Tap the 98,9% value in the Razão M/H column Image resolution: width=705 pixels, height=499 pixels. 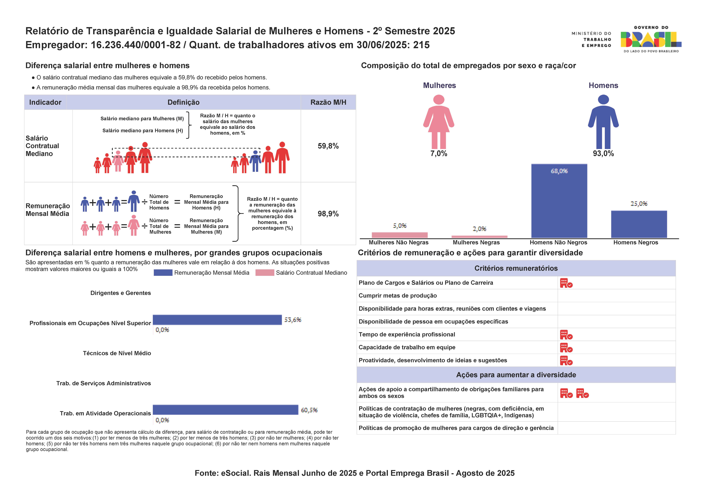click(x=328, y=214)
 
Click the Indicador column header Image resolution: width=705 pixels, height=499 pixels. click(x=45, y=102)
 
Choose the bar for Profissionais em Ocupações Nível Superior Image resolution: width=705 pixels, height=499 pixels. click(x=217, y=320)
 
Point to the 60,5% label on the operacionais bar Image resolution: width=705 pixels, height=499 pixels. click(x=309, y=410)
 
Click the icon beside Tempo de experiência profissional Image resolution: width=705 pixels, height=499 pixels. click(x=566, y=335)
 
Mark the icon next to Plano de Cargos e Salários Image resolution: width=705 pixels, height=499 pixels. click(x=566, y=283)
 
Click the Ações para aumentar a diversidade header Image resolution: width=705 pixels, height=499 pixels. click(x=516, y=375)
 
